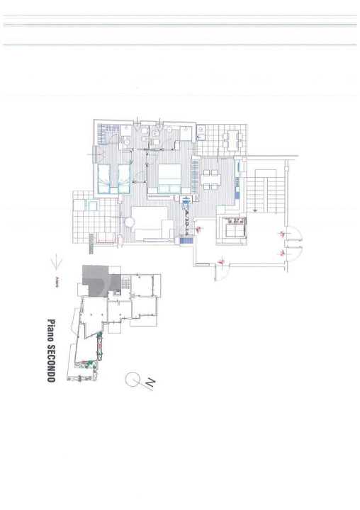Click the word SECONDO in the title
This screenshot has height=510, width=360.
point(51,362)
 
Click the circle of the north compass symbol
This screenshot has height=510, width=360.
point(133,380)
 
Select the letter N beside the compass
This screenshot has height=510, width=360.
point(150,383)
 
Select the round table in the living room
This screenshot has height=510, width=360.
point(129,222)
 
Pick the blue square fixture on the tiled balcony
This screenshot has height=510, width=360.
point(91,205)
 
